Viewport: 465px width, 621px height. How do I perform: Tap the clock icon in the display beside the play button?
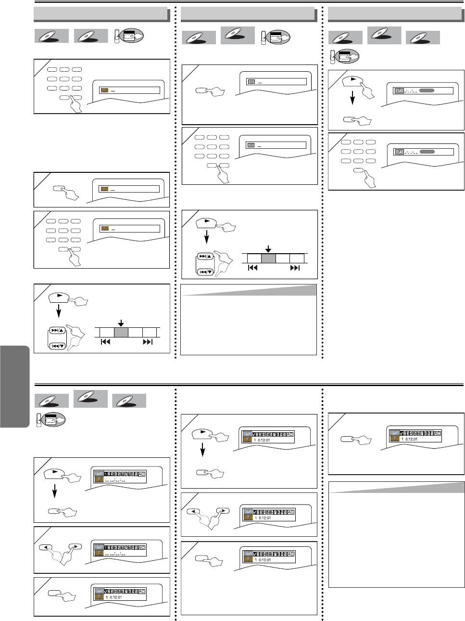coord(399,91)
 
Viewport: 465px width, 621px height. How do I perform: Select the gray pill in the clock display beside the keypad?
coord(427,152)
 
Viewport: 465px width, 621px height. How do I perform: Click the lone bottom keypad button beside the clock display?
coord(358,170)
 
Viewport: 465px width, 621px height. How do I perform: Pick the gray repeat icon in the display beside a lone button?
coord(251,82)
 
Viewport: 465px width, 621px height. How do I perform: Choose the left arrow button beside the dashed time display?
coord(46,547)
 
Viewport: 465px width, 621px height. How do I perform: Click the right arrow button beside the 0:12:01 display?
coord(223,511)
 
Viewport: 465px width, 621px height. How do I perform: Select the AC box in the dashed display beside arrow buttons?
coord(141,548)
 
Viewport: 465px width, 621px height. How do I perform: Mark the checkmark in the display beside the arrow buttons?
coord(255,512)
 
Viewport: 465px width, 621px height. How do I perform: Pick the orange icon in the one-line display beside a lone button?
coord(104,189)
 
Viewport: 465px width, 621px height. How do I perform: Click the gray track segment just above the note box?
coord(268,258)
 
